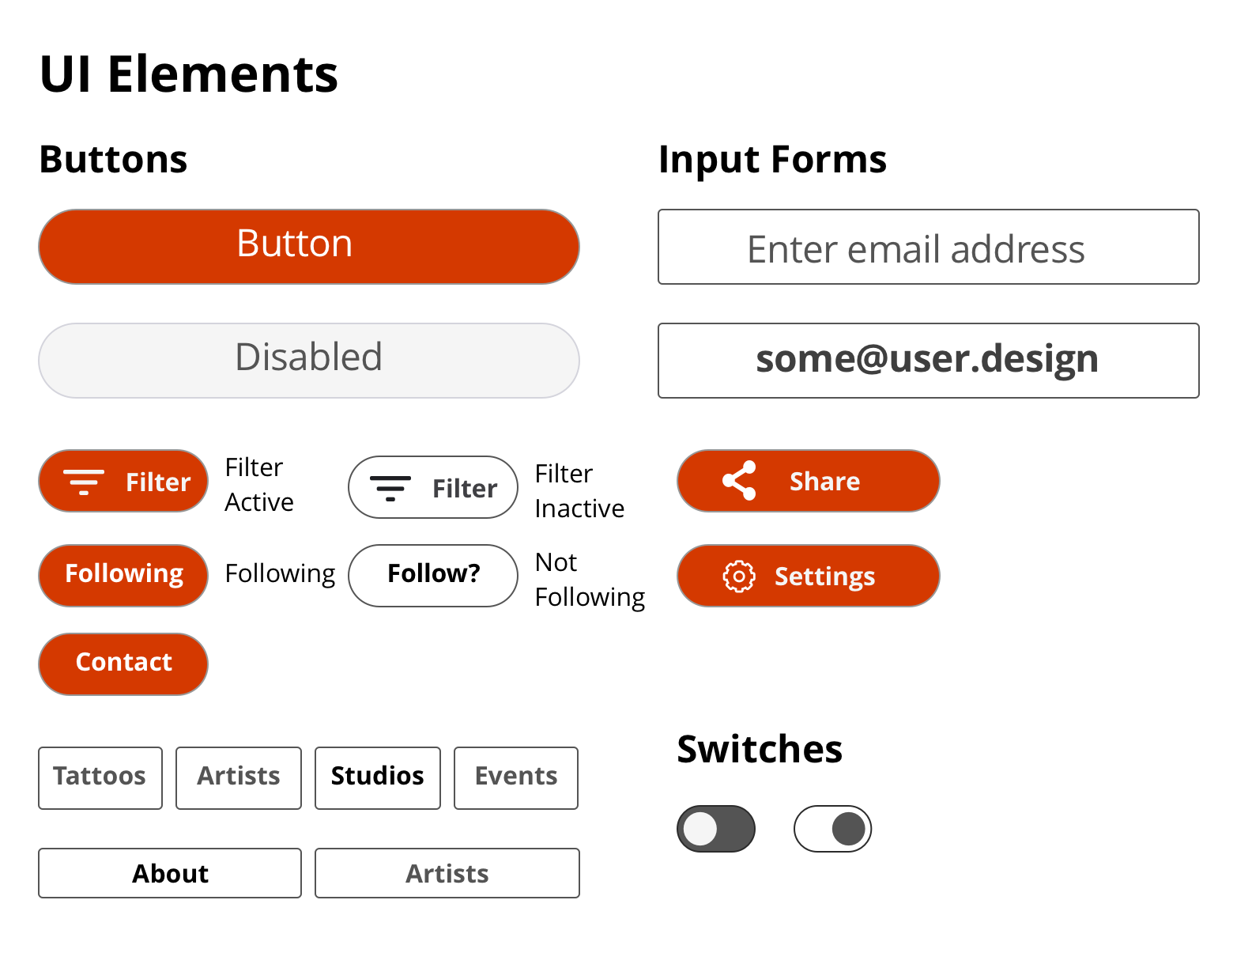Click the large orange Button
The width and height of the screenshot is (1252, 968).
309,247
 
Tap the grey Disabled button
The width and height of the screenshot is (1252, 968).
309,361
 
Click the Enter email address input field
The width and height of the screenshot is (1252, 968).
928,247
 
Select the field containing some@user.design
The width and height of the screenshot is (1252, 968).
928,361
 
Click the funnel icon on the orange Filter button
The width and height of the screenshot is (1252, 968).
84,482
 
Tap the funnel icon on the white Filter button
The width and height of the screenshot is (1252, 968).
390,488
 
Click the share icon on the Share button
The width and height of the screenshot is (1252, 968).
739,480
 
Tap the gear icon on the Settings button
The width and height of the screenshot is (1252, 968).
739,576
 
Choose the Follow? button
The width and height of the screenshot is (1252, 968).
432,576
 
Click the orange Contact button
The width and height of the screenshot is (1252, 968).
123,664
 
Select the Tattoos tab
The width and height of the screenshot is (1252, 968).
100,778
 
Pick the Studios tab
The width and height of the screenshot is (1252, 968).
377,778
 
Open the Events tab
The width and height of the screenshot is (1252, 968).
515,778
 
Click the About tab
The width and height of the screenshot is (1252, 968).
170,873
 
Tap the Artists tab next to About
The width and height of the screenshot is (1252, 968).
447,873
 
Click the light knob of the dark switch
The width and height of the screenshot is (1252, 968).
700,829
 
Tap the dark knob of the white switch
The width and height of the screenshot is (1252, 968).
849,829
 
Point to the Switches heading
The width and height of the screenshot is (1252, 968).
760,749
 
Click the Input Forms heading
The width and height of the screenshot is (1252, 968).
772,161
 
